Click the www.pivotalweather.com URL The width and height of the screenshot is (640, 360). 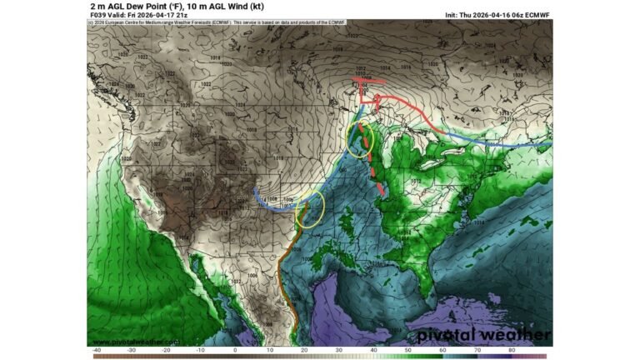(135, 342)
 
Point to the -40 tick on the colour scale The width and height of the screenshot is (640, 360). (97, 350)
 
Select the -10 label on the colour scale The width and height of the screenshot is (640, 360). (200, 350)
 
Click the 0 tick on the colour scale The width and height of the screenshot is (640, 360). (235, 350)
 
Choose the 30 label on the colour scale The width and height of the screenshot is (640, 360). (338, 350)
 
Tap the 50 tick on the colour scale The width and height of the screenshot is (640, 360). (407, 350)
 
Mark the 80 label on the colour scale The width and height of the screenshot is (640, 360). (511, 350)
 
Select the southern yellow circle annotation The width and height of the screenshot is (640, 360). (310, 208)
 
